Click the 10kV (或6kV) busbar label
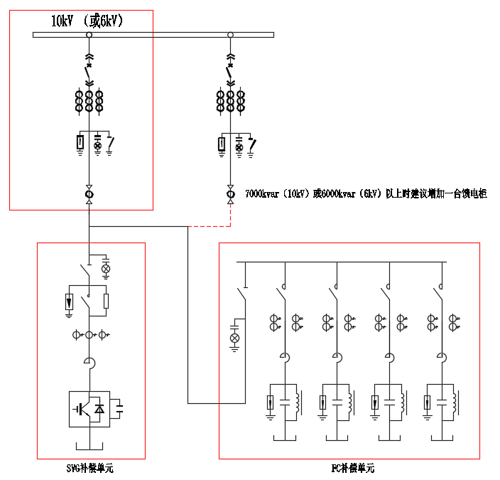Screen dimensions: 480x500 (x=87, y=21)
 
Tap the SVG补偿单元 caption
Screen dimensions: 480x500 (x=89, y=468)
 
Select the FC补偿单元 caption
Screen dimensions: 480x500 (x=352, y=468)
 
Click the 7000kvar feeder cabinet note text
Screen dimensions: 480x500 (x=366, y=193)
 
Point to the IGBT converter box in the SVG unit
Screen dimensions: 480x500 (x=89, y=408)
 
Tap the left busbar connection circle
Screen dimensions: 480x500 (x=89, y=34)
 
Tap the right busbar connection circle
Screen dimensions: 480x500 (x=230, y=34)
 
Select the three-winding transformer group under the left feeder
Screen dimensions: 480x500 (x=89, y=101)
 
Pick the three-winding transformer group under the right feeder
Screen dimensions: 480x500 (x=230, y=101)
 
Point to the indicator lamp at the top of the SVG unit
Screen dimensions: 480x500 (x=107, y=268)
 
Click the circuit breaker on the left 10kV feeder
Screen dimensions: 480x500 (x=89, y=72)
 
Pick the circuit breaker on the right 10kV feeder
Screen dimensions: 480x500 (x=230, y=72)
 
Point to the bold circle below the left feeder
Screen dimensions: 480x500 (x=89, y=194)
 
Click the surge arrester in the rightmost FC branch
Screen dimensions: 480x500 (x=428, y=403)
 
